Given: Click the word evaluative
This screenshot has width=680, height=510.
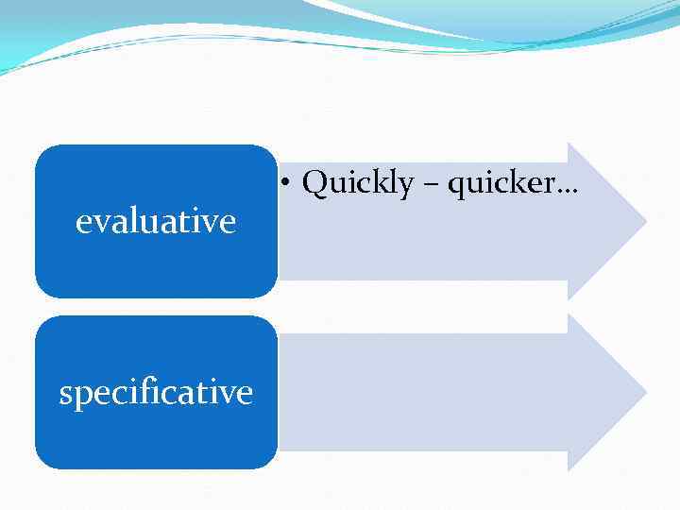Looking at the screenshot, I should [156, 222].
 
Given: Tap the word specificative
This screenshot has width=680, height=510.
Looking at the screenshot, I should [156, 392].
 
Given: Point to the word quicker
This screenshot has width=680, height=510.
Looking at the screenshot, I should [501, 183].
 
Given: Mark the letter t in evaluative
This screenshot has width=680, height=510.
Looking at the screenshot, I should [188, 223].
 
